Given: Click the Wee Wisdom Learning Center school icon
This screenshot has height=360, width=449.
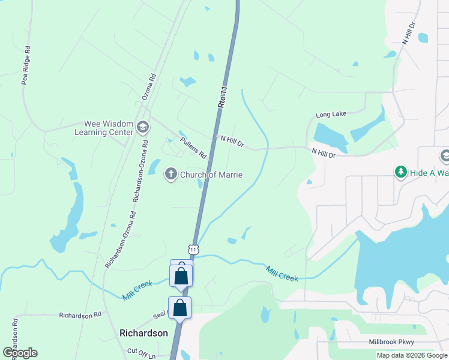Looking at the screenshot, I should click(x=143, y=127).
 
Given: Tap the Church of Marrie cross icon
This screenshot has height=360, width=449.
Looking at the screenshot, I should click(x=170, y=175).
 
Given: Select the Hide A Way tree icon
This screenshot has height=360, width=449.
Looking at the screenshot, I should click(x=400, y=173).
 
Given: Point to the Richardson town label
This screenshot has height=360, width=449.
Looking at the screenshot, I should click(x=143, y=333).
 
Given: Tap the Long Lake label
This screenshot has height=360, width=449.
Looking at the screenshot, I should click(x=331, y=114).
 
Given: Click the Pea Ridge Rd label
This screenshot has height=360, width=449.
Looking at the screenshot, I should click(x=25, y=65).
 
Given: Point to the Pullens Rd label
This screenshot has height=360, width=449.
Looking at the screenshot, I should click(x=193, y=145).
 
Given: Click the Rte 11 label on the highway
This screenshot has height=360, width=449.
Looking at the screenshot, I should click(x=222, y=96).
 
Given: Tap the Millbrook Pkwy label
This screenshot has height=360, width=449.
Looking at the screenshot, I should click(x=391, y=342).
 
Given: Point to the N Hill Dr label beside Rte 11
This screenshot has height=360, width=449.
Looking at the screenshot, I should click(x=232, y=142).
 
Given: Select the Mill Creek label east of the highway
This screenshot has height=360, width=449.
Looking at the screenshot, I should click(x=282, y=274).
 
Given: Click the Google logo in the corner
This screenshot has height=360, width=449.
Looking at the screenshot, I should click(x=20, y=353).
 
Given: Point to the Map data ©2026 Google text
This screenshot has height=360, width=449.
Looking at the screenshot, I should click(x=411, y=355).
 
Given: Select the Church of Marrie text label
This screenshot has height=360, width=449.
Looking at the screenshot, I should click(x=211, y=175).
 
